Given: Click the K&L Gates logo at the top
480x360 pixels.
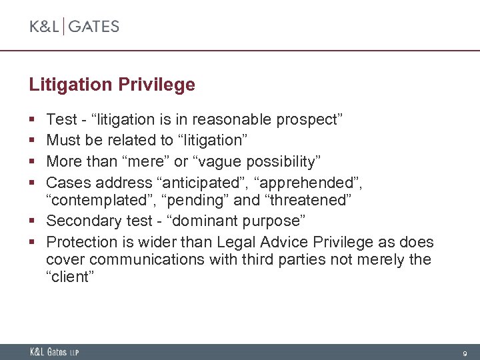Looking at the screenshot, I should [74, 27].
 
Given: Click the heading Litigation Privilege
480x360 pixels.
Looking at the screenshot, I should [112, 85].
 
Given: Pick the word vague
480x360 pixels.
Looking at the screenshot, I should [222, 161].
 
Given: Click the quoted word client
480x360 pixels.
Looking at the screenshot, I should [70, 277].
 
